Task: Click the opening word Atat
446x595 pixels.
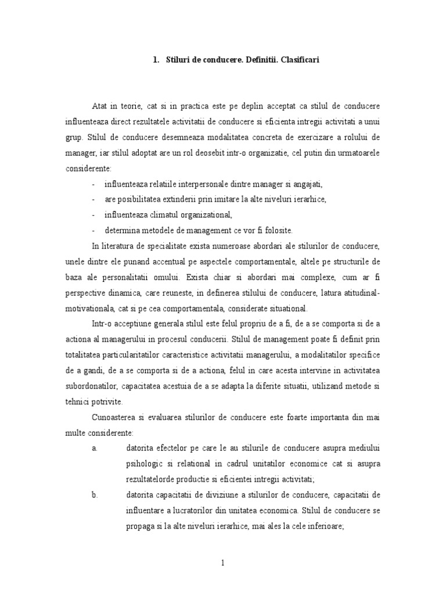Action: [x=100, y=107]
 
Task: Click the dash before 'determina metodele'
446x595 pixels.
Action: [x=93, y=230]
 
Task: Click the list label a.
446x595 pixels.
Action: [x=95, y=448]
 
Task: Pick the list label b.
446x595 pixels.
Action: [x=95, y=494]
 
